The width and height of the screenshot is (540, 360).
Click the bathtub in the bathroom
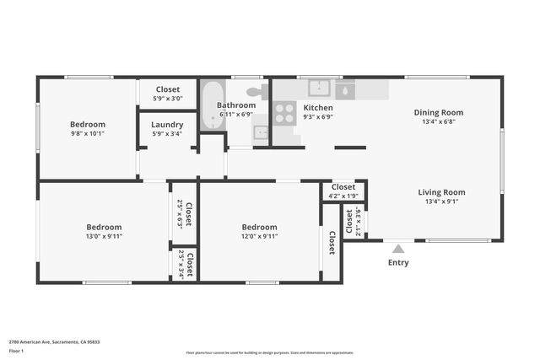(212, 105)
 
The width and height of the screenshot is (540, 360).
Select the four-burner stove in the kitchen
(284, 113)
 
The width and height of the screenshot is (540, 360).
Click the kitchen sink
(319, 87)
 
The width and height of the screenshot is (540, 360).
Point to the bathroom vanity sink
(261, 132)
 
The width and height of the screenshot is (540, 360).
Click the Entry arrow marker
(398, 249)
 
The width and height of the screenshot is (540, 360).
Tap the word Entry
(398, 262)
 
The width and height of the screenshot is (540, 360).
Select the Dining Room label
(438, 112)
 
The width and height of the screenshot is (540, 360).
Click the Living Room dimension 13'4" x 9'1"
(441, 201)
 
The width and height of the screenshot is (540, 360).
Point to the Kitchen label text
(318, 108)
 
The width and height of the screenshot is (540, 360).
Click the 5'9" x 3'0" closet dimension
(168, 98)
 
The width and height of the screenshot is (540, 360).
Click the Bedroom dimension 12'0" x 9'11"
(259, 236)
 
